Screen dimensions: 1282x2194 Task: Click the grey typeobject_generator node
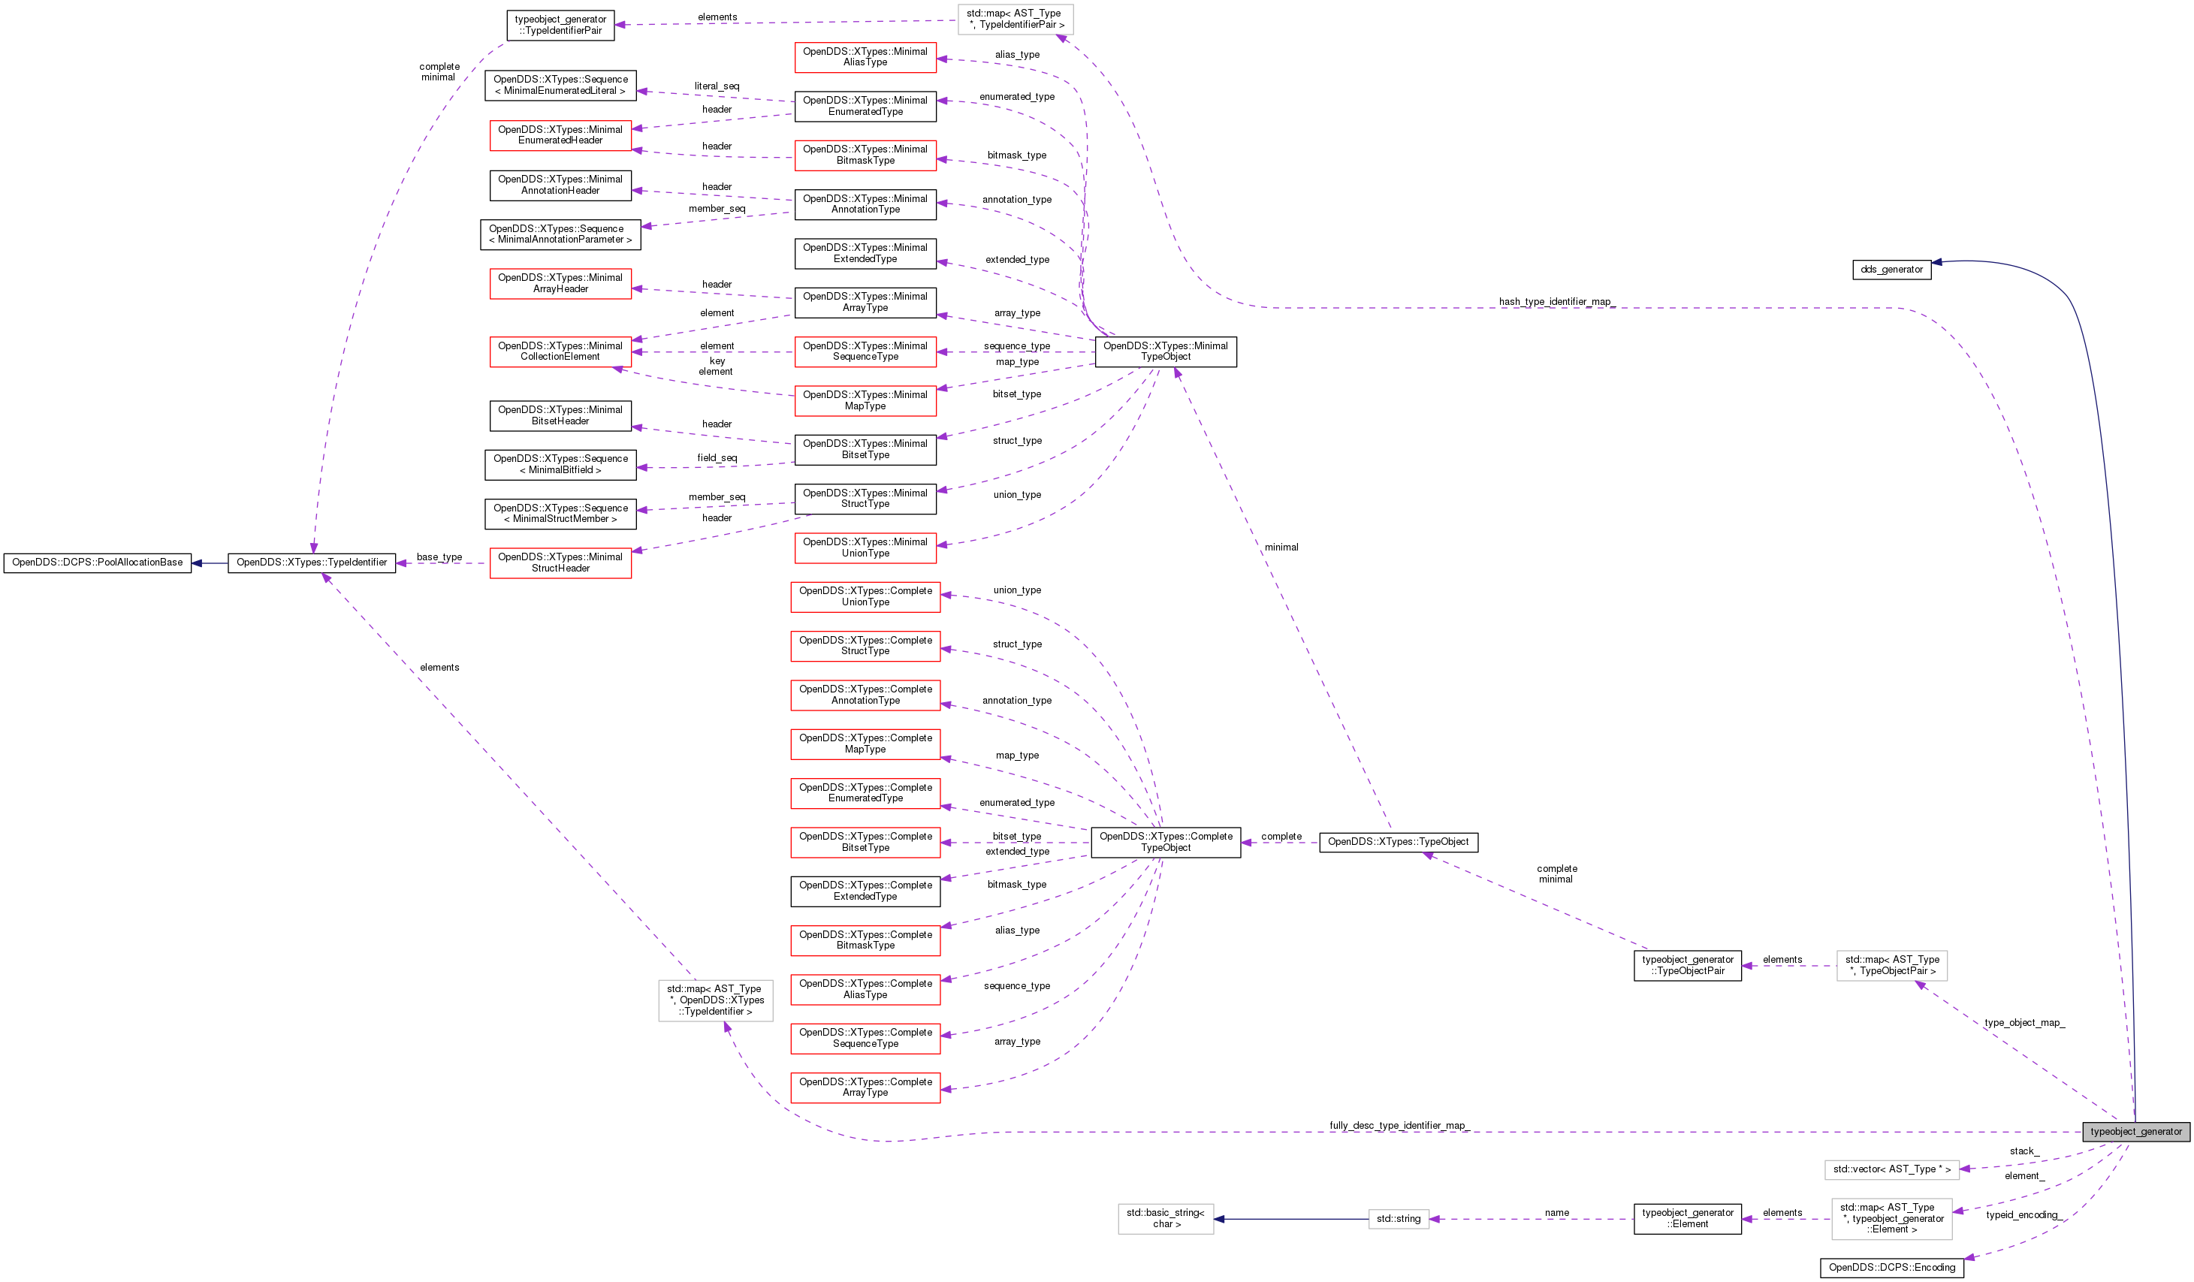pos(2135,1132)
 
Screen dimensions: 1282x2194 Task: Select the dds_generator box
pos(1891,270)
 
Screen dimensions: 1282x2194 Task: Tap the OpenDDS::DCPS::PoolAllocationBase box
pos(98,563)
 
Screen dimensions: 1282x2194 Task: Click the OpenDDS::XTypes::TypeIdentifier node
pos(312,563)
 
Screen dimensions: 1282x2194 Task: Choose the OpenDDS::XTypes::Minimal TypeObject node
pos(1165,351)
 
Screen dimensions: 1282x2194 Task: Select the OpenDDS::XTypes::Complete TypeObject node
pos(1165,843)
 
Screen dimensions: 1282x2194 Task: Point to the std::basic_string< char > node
pos(1165,1218)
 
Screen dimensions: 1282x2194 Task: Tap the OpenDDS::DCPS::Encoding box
pos(1891,1267)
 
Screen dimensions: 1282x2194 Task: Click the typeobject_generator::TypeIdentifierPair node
pos(560,26)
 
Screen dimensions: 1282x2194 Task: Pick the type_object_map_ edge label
pos(2023,1023)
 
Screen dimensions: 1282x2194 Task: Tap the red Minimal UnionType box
pos(865,547)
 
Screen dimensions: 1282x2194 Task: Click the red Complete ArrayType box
pos(865,1088)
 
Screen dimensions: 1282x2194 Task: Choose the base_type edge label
pos(439,557)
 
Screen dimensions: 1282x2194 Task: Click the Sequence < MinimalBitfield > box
pos(560,465)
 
